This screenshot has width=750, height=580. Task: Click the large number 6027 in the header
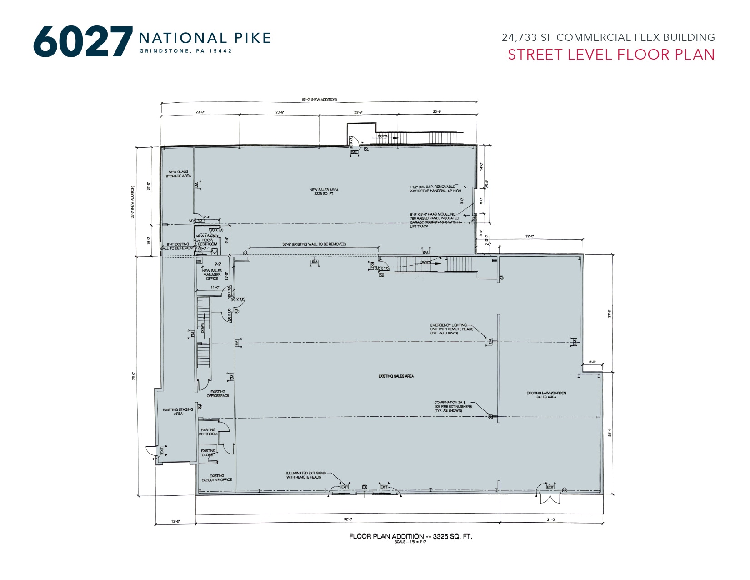click(83, 42)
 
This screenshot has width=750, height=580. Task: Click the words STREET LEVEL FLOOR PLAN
click(611, 55)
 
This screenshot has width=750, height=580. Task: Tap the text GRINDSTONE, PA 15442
click(185, 51)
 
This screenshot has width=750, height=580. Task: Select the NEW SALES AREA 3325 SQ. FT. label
click(324, 192)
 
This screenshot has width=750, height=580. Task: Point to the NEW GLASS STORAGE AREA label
click(178, 174)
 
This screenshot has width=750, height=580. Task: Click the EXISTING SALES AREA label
click(396, 376)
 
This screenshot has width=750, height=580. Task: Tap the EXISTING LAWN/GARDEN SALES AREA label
click(546, 395)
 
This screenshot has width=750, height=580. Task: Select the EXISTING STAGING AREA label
click(178, 411)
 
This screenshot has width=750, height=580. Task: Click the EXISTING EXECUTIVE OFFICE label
click(217, 478)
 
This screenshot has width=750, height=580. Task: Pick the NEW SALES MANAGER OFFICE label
click(212, 274)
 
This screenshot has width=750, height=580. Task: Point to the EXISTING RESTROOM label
click(208, 432)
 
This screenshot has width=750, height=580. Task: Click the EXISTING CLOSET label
click(208, 453)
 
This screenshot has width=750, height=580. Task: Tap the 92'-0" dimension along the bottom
click(348, 519)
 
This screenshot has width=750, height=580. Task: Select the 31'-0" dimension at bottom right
click(550, 519)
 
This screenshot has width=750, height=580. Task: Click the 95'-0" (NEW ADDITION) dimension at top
click(319, 99)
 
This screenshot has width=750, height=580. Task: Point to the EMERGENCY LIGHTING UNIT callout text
click(451, 329)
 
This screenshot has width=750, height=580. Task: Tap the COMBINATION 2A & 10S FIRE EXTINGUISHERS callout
click(453, 406)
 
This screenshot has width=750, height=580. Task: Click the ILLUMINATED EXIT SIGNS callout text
click(306, 475)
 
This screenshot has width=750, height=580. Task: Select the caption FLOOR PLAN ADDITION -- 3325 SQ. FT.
click(410, 536)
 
